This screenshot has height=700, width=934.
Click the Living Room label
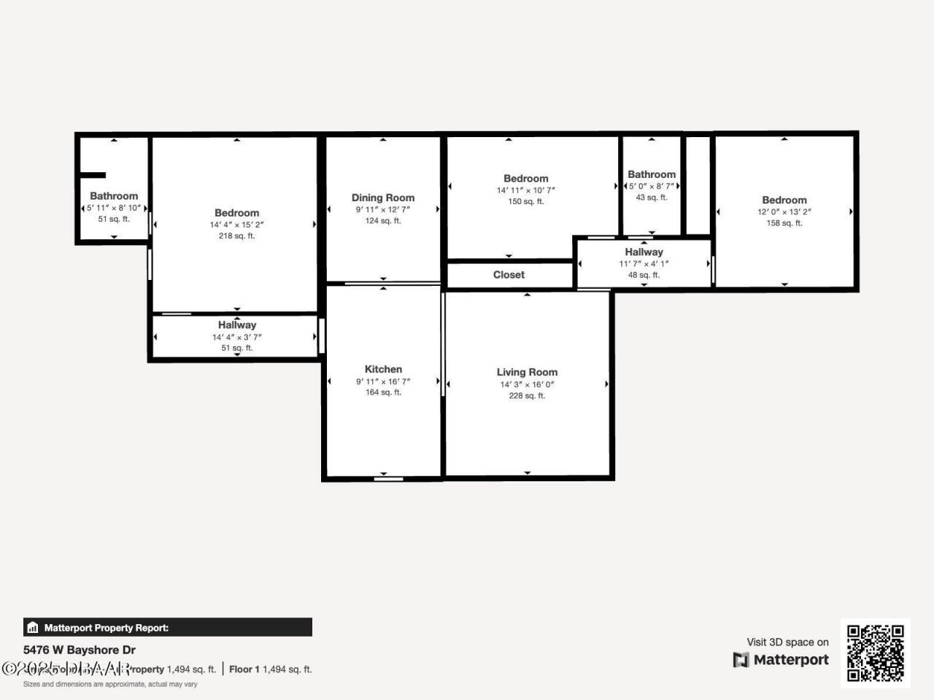[x=527, y=372]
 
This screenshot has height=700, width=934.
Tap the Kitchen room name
[x=383, y=369]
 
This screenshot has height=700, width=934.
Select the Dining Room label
[x=383, y=198]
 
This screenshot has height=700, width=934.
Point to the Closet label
[x=509, y=275]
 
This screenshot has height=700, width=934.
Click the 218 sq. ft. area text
[x=236, y=236]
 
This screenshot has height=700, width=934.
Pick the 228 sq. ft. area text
[x=527, y=396]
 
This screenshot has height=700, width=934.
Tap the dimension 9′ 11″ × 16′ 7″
[x=383, y=381]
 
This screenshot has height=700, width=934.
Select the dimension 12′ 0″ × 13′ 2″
[x=784, y=212]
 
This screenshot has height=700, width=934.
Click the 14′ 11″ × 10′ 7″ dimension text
[x=526, y=190]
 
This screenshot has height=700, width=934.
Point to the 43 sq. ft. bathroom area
[x=652, y=198]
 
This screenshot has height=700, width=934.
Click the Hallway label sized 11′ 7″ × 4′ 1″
[x=644, y=252]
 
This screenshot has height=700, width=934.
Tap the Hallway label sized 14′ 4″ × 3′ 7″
[x=236, y=325]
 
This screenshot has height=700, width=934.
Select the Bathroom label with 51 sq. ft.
[x=114, y=195]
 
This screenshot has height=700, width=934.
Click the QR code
[x=875, y=653]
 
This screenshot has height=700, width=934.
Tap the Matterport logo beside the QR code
[x=781, y=660]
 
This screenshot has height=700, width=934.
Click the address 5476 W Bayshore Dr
[x=80, y=650]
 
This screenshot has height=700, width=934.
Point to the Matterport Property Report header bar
[x=168, y=627]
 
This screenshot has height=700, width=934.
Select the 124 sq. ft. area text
[x=383, y=221]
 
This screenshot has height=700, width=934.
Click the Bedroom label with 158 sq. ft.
[x=784, y=200]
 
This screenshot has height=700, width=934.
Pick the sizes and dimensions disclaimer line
[x=110, y=684]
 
